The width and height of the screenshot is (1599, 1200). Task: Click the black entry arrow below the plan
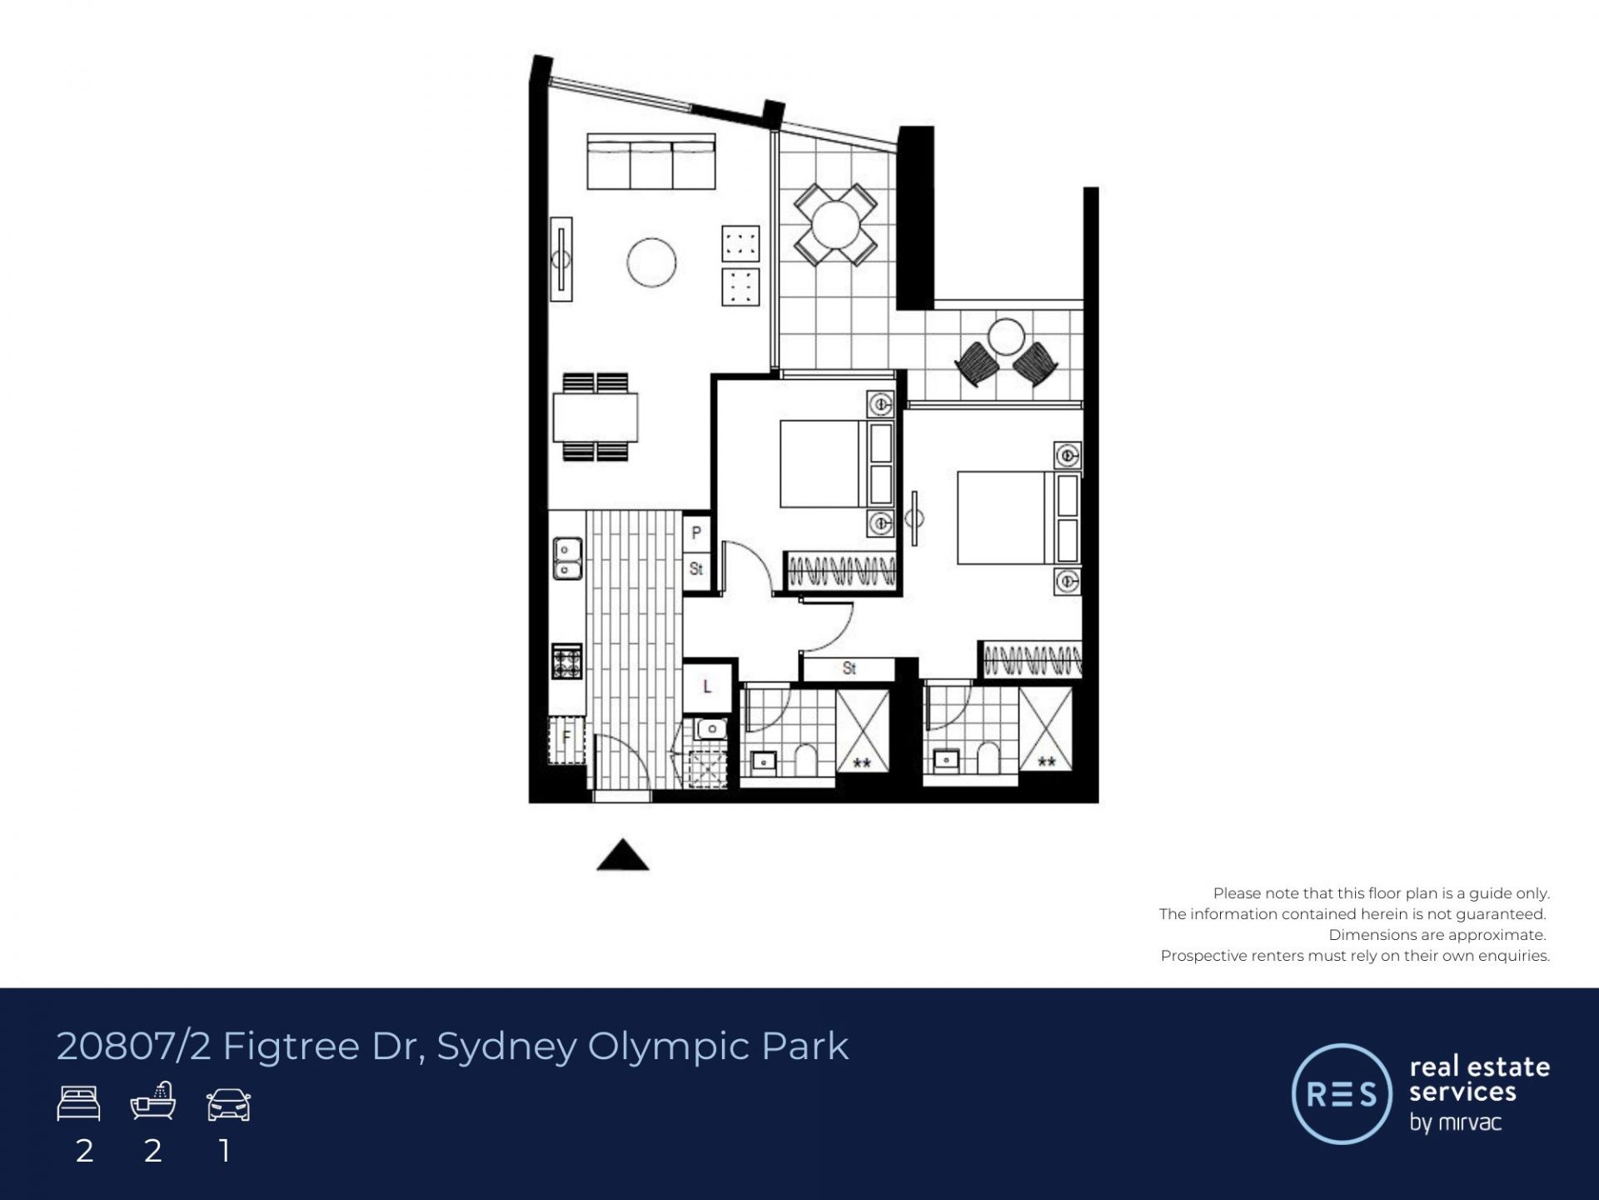[x=623, y=856]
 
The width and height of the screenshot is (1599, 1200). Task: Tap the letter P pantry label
[x=697, y=532]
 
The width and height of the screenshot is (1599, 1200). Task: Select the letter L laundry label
[x=707, y=687]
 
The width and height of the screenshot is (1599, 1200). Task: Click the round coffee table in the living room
[x=651, y=262]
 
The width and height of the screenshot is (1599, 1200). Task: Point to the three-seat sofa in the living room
[x=651, y=162]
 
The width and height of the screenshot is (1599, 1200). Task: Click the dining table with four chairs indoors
[x=595, y=417]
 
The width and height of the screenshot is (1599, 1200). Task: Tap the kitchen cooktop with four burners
[x=567, y=662]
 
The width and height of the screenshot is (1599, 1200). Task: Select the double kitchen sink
[x=567, y=558]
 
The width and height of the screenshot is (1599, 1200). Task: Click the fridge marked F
[x=566, y=740]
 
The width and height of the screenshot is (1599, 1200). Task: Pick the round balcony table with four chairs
[x=835, y=225]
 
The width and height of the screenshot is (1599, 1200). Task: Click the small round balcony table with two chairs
[x=1007, y=352]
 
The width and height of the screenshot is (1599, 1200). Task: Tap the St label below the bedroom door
[x=849, y=667]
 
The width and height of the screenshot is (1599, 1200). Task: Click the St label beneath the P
[x=696, y=568]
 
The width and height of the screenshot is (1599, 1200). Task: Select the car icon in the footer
[x=228, y=1104]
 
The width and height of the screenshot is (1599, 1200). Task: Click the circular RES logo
[x=1342, y=1093]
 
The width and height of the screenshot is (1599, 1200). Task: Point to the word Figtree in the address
[x=291, y=1047]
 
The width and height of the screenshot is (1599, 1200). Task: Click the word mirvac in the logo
[x=1468, y=1122]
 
